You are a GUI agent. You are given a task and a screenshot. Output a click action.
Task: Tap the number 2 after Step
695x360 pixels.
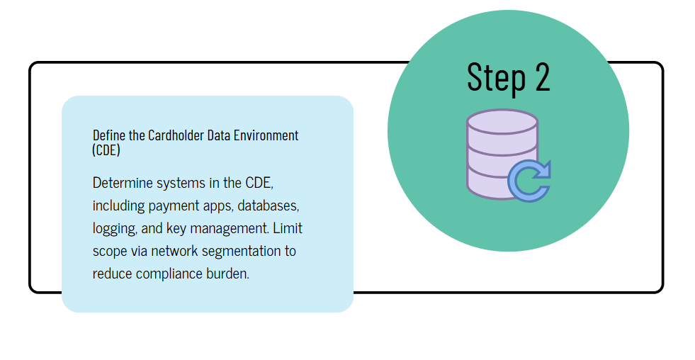click(542, 77)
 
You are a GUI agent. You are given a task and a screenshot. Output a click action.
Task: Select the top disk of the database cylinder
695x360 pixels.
click(502, 122)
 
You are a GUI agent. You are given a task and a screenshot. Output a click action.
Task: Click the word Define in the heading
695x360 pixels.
click(109, 135)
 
